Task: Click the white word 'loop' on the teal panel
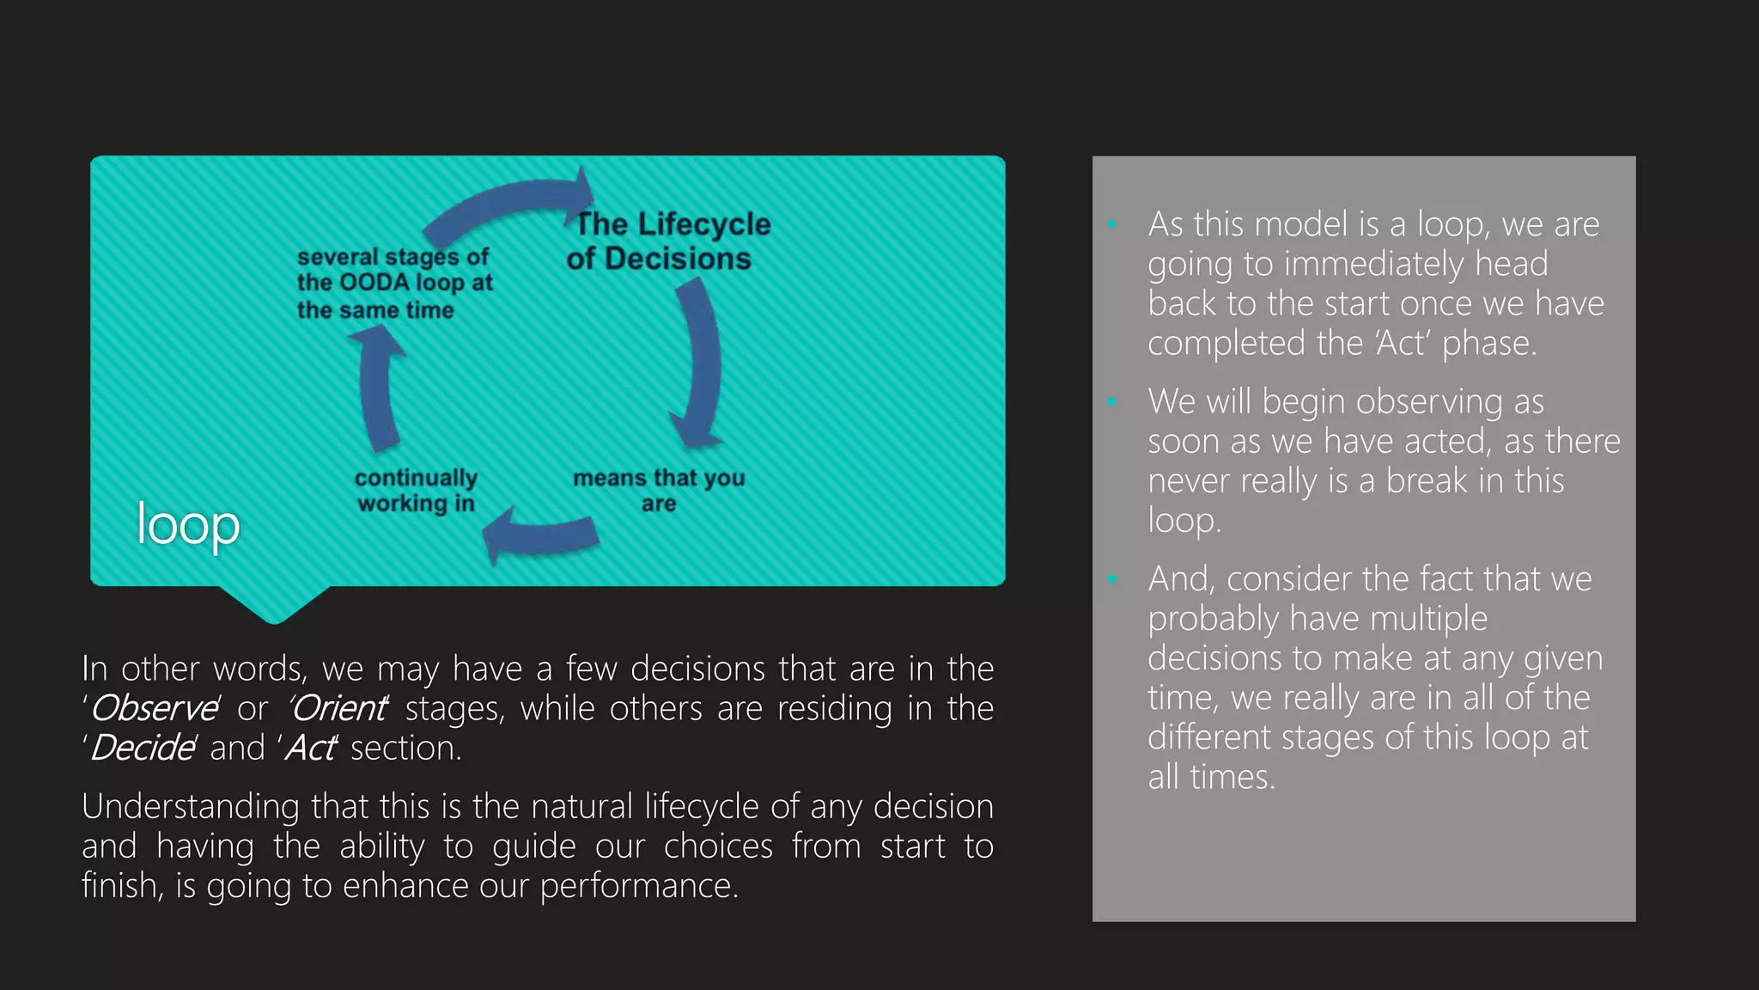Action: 188,524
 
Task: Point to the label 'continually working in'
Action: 416,490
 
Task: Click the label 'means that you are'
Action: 659,490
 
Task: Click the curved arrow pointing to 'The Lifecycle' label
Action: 507,203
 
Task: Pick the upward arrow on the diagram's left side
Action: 377,387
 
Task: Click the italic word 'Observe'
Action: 155,708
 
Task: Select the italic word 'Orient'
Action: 338,708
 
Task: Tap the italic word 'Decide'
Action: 143,748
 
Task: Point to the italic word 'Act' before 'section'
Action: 310,748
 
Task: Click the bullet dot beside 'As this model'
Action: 1112,225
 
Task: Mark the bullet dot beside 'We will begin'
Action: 1112,402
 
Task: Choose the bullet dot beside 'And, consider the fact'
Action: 1112,579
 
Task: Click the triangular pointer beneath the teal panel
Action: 275,605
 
